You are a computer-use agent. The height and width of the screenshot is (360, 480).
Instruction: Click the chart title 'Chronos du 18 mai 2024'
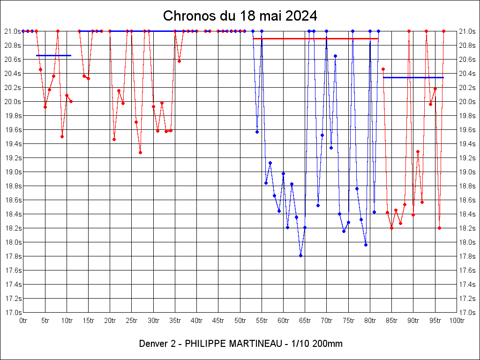(240, 16)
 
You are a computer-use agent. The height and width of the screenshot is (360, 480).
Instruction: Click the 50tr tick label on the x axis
(240, 321)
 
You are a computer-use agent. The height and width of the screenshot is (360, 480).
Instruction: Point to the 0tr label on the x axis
(23, 321)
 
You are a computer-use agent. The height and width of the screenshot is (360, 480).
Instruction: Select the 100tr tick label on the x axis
(457, 321)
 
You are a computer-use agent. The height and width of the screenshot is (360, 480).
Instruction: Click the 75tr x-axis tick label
(348, 321)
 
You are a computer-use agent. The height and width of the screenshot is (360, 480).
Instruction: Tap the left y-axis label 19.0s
(13, 172)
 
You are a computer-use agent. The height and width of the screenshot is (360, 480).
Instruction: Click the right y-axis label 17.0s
(467, 313)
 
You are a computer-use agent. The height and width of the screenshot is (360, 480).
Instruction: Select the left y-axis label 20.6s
(13, 60)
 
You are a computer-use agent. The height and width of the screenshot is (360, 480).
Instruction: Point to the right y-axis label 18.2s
(467, 228)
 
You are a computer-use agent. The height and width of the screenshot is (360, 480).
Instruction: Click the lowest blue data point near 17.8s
(300, 255)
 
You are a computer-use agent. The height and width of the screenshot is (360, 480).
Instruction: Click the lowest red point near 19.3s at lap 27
(140, 152)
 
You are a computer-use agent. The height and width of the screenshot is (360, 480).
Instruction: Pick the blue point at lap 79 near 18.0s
(366, 245)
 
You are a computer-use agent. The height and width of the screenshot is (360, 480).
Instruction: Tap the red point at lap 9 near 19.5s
(62, 136)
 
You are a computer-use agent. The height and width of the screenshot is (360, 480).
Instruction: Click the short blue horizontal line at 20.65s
(53, 55)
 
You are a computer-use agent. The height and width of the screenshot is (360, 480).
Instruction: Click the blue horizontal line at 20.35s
(413, 77)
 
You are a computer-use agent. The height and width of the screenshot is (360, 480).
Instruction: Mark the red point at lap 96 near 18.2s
(439, 228)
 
